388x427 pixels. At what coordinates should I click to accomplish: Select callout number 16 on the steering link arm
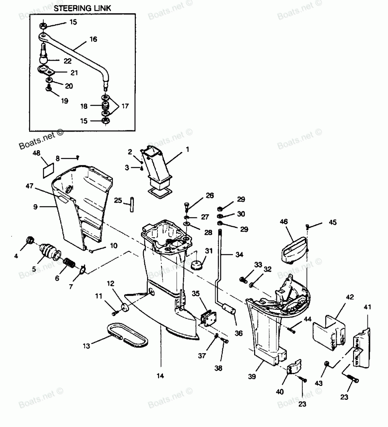point(93,39)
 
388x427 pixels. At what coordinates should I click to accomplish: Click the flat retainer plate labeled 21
point(47,71)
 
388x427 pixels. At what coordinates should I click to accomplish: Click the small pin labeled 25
point(132,205)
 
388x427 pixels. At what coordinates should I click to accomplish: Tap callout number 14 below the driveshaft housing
point(160,375)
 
